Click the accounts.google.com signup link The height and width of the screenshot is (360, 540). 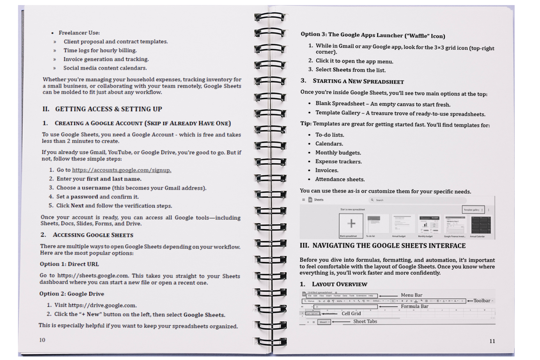coord(121,170)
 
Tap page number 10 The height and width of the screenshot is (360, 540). coord(42,340)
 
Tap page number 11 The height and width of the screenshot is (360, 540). coord(492,341)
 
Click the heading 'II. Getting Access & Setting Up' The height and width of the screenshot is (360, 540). coord(102,109)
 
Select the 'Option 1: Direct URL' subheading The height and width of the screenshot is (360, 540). coord(69,264)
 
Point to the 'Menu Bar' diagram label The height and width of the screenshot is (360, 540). coord(411,295)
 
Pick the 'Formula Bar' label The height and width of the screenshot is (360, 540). coord(414,306)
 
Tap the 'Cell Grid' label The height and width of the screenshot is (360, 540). coord(351,313)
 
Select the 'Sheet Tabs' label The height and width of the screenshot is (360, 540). coord(365,321)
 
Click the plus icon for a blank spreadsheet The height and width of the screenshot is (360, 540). coord(351,223)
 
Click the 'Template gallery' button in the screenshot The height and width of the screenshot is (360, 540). coord(473,210)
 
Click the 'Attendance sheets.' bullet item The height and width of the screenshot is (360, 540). coord(340,179)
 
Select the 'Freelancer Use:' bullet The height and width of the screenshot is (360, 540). coord(79,33)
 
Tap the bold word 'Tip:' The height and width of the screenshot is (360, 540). coord(306,124)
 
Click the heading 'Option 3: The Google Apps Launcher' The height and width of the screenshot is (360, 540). coord(373,35)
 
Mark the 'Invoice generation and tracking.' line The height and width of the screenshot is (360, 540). coord(106,59)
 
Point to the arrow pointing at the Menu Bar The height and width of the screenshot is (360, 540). coord(388,296)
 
